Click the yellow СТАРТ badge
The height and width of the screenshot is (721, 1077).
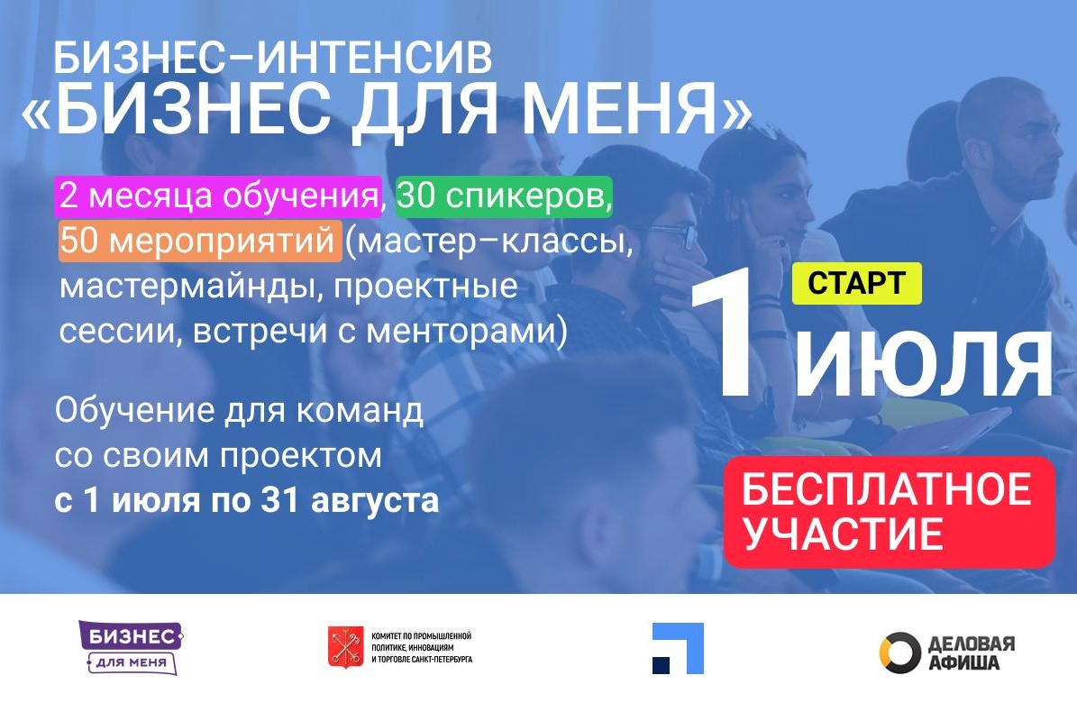[856, 283]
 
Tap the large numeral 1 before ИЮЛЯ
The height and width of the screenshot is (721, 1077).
[734, 338]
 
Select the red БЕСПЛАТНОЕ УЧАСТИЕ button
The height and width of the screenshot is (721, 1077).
[889, 512]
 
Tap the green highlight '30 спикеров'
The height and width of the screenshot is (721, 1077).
[504, 196]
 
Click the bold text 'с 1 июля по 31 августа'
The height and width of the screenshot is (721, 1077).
[246, 500]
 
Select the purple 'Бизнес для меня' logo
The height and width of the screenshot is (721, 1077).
[130, 647]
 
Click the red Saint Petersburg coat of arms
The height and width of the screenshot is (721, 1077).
[340, 648]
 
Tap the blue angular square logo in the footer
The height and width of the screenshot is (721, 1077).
[678, 648]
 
